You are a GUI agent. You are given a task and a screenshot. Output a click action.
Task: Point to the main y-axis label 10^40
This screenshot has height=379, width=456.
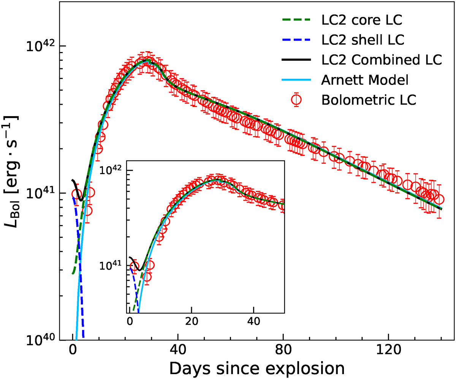tap(42, 339)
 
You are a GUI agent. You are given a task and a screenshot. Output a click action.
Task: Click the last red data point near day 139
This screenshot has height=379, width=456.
tap(439, 200)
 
